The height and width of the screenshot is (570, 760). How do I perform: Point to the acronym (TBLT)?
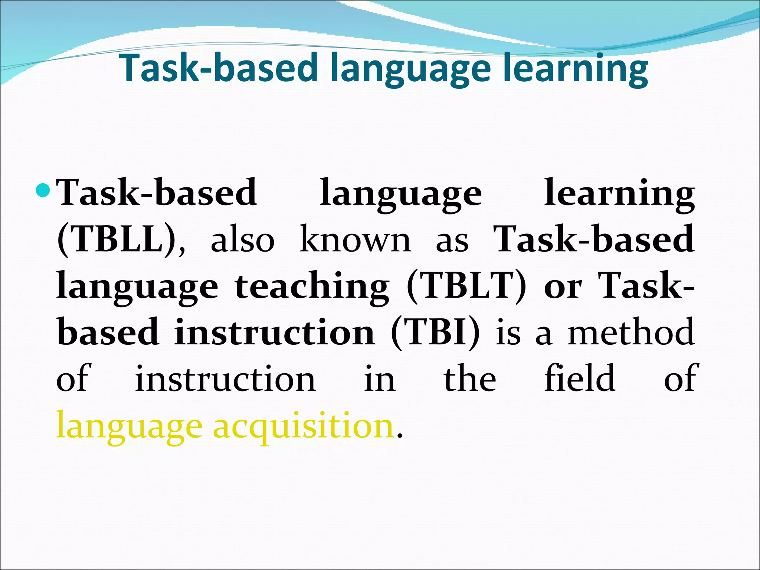466,285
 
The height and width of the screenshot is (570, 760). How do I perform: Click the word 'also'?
242,240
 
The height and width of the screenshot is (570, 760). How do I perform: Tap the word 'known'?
356,239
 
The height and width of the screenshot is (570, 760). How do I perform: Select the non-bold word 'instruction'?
225,379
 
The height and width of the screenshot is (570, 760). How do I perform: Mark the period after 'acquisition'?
399,435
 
